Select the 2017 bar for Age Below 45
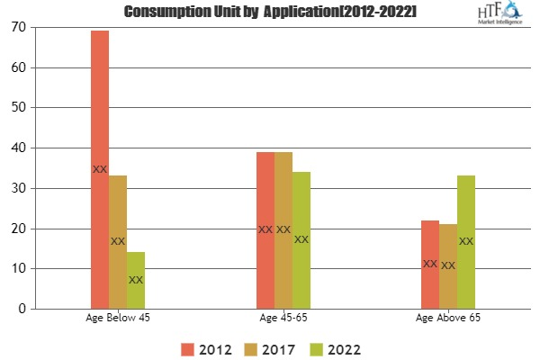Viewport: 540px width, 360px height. pyautogui.click(x=118, y=242)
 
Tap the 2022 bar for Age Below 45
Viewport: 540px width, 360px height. pyautogui.click(x=136, y=280)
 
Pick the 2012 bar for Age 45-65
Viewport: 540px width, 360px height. pyautogui.click(x=265, y=229)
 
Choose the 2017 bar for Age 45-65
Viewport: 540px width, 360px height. pyautogui.click(x=283, y=229)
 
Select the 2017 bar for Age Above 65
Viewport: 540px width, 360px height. pyautogui.click(x=448, y=266)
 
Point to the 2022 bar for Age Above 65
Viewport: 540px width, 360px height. pyautogui.click(x=466, y=242)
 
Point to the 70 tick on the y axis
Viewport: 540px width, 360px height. pyautogui.click(x=19, y=27)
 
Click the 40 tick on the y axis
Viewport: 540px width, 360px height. pyautogui.click(x=19, y=148)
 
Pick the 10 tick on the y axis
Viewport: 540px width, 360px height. pyautogui.click(x=19, y=268)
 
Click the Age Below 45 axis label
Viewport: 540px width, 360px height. pyautogui.click(x=118, y=319)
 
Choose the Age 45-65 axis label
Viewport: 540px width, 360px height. pyautogui.click(x=283, y=319)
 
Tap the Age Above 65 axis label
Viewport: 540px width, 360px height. pyautogui.click(x=448, y=319)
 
